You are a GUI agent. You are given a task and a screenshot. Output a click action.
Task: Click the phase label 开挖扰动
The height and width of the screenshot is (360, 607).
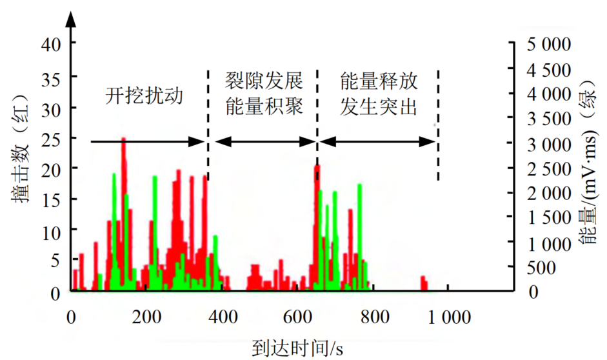144,96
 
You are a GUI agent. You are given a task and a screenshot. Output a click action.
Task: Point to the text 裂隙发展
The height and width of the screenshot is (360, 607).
263,81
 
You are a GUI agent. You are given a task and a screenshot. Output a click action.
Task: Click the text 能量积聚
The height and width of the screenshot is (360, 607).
263,107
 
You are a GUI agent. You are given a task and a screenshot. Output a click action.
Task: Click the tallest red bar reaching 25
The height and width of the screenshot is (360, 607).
123,194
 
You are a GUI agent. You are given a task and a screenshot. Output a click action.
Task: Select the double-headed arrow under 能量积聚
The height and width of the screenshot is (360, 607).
263,141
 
